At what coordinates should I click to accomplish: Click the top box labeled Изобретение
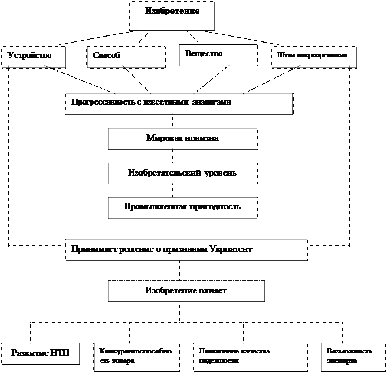pos(172,15)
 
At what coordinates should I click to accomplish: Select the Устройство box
pos(33,57)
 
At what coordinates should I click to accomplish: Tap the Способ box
pos(125,57)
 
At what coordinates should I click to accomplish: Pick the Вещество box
pos(218,55)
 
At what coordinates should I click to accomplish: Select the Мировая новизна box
pos(182,139)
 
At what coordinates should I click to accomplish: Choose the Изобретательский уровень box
pos(182,174)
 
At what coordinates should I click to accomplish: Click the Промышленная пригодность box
pos(182,207)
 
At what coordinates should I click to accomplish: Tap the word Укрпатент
pos(231,249)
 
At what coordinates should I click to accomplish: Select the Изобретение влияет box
pos(186,291)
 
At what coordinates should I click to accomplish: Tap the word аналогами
pos(211,102)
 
